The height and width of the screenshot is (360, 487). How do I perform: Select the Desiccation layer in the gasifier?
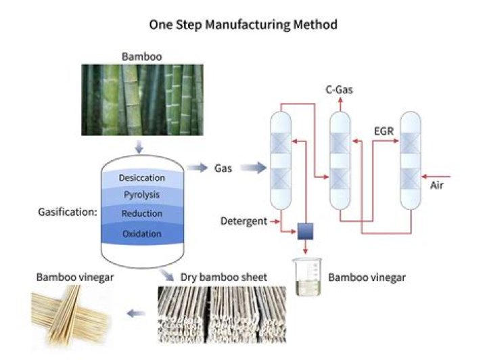(x=142, y=178)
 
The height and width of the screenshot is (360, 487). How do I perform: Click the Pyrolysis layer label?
(x=142, y=196)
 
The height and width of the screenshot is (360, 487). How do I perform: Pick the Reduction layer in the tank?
(x=142, y=214)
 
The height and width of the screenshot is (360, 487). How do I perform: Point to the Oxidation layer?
(x=142, y=233)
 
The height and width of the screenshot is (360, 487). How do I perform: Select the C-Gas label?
(x=341, y=89)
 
